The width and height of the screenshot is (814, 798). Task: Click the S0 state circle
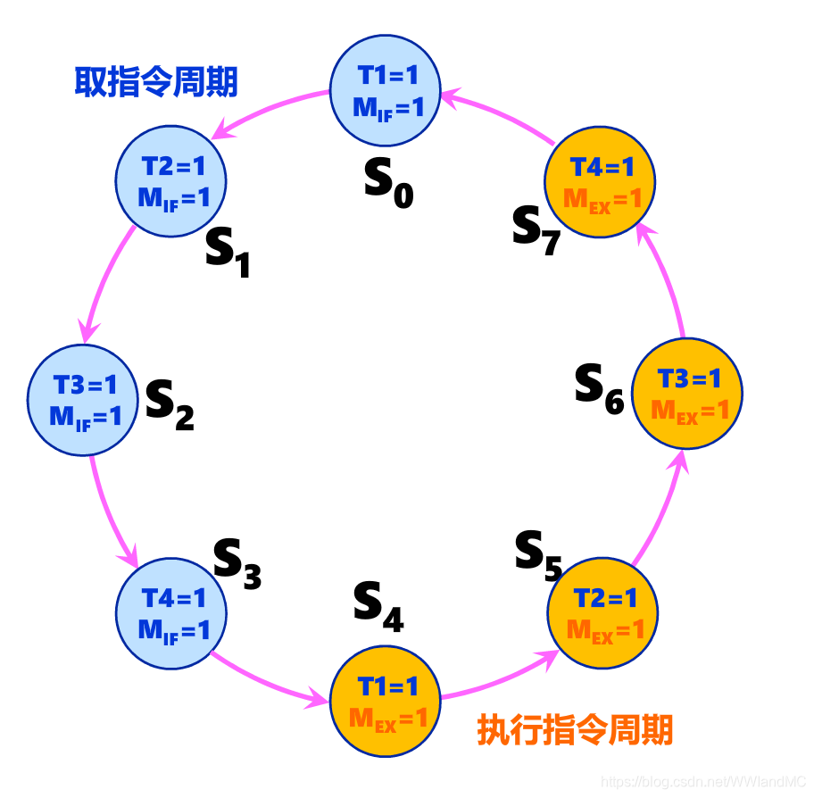[x=386, y=91]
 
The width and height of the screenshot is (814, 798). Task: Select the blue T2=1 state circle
[x=172, y=181]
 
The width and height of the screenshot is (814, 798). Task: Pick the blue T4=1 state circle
[x=172, y=613]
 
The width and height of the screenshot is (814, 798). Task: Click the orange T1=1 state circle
[x=386, y=702]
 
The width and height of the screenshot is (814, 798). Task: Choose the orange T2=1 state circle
[x=602, y=613]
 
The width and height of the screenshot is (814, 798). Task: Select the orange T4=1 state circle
[x=601, y=182]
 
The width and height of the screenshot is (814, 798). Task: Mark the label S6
[x=598, y=387]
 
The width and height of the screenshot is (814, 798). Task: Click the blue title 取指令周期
[x=155, y=83]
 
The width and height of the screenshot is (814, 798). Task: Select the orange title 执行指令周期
[x=575, y=730]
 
